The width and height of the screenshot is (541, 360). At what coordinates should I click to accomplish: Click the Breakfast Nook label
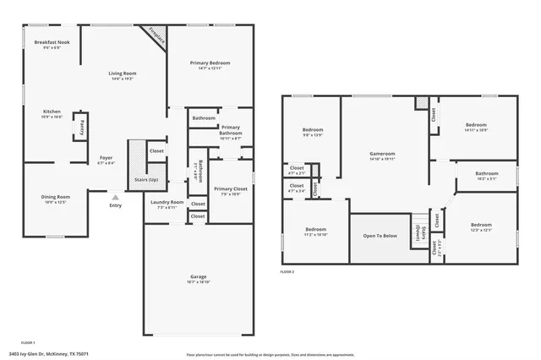(52, 42)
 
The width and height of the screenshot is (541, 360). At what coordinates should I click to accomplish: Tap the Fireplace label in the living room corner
(156, 35)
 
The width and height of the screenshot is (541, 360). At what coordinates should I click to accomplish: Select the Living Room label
(123, 74)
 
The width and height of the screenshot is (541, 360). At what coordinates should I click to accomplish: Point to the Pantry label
(81, 128)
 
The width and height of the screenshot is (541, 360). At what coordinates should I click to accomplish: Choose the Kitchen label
(52, 112)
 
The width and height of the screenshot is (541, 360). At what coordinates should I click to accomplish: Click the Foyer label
(107, 158)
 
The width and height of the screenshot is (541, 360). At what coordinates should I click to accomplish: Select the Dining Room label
(56, 198)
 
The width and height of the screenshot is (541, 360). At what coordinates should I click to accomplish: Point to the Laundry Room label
(166, 203)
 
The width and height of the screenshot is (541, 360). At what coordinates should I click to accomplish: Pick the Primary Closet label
(230, 189)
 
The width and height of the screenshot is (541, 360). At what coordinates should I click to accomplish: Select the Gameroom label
(383, 155)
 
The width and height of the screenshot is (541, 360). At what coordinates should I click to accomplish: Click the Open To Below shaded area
(380, 236)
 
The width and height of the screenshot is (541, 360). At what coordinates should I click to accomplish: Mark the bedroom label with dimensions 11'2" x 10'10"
(316, 231)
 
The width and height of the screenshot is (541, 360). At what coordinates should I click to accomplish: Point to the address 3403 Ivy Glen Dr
(48, 354)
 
